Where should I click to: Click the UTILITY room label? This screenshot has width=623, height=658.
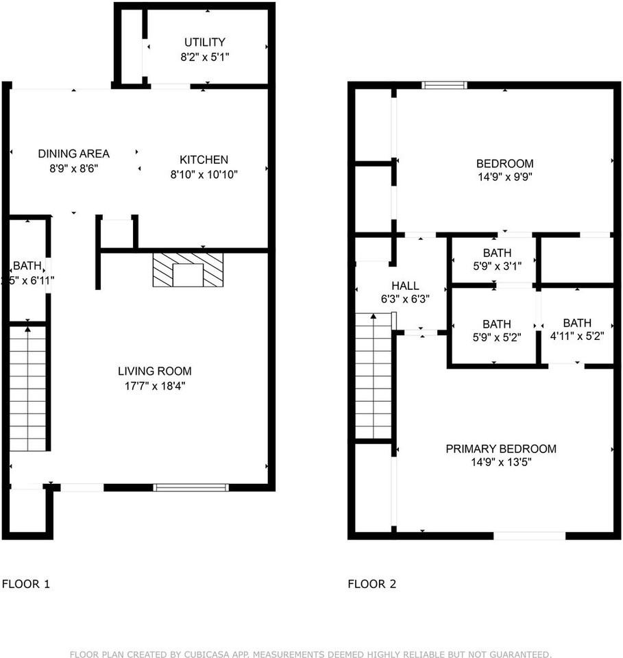[x=204, y=42]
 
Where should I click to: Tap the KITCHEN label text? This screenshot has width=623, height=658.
[x=204, y=160]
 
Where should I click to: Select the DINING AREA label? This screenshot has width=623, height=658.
[x=73, y=154]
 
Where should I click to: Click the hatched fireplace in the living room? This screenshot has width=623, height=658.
[x=188, y=270]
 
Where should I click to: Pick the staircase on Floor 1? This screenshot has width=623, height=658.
[x=27, y=388]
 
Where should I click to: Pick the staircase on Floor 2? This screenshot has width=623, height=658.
[x=373, y=376]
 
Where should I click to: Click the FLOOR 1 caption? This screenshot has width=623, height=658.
[x=26, y=584]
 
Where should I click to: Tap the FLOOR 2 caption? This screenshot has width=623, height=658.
[x=372, y=584]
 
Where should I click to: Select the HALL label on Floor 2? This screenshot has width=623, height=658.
[x=405, y=286]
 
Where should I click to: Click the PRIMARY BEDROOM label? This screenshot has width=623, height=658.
[x=501, y=449]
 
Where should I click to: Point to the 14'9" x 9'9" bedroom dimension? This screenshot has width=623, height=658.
[x=504, y=176]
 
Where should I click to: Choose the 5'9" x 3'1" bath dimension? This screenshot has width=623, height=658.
[x=496, y=266]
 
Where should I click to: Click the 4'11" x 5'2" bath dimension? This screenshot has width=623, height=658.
[x=577, y=337]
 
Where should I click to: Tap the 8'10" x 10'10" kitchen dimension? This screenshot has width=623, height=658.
[x=204, y=173]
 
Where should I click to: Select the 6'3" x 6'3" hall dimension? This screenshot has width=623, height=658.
[x=405, y=299]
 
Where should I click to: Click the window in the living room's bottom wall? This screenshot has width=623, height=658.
[x=191, y=487]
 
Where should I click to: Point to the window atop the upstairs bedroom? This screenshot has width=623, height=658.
[x=444, y=85]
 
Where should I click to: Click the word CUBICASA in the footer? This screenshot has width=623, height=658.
[x=208, y=654]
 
